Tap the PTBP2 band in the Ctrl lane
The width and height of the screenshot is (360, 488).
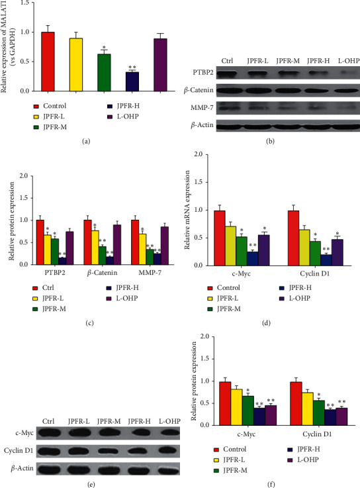(x=229, y=81)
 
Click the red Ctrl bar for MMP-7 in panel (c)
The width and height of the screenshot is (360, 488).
(x=136, y=241)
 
